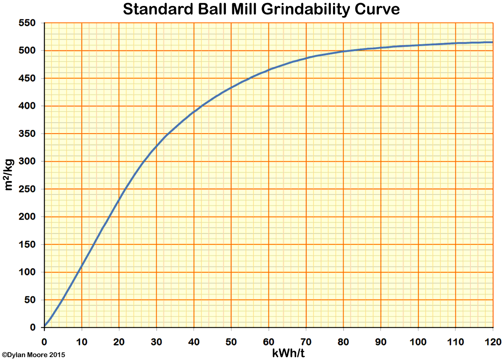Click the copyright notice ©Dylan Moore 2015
click(34, 355)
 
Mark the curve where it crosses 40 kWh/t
click(194, 112)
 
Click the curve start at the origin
click(45, 326)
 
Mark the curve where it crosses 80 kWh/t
click(343, 51)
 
